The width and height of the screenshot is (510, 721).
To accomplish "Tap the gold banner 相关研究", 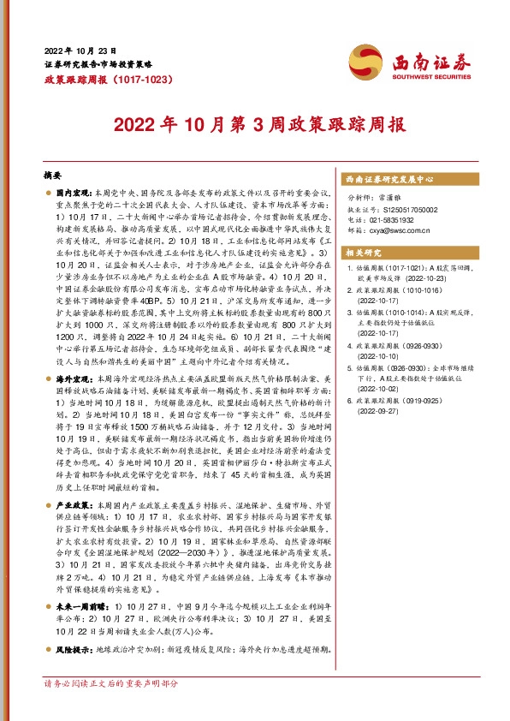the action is point(360,254).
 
